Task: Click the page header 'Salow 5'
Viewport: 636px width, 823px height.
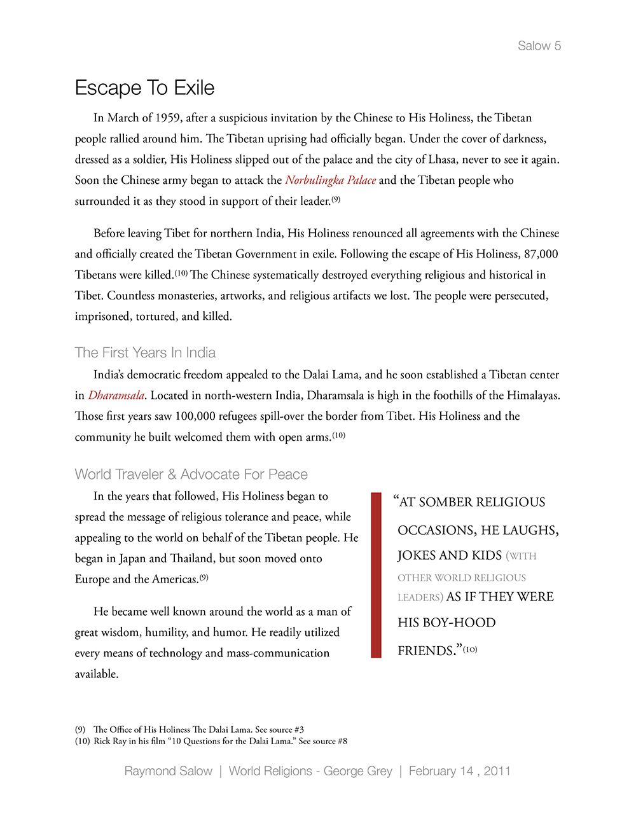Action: pos(539,46)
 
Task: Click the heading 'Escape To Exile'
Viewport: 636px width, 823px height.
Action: pos(144,88)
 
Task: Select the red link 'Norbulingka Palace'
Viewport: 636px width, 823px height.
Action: pos(330,180)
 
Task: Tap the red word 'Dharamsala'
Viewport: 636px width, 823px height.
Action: pos(116,395)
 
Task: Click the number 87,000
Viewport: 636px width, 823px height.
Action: pos(541,254)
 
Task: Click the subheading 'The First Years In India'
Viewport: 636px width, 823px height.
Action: pos(145,352)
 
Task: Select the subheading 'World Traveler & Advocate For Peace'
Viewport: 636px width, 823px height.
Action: pos(191,474)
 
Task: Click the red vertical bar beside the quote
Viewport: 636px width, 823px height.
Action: pos(376,574)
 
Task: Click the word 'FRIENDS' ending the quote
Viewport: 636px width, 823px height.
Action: pos(426,651)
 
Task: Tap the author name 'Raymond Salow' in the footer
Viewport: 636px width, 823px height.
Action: pos(168,771)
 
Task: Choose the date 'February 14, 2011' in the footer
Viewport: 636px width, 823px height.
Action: pos(459,771)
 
